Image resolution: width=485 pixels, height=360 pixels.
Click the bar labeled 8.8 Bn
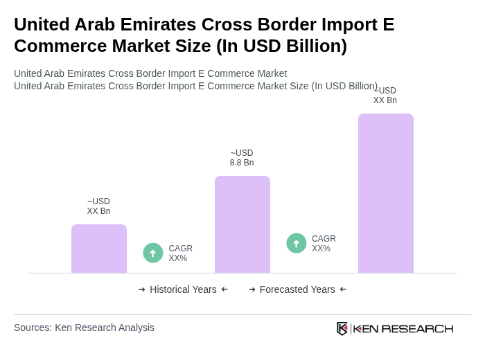pos(242,224)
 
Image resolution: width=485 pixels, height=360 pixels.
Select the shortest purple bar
pos(99,249)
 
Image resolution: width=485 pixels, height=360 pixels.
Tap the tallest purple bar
pos(386,193)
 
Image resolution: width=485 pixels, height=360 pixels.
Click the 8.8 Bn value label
pos(242,158)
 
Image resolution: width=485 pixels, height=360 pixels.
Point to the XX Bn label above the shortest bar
pos(98,206)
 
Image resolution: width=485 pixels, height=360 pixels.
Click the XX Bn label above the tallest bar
pos(385,96)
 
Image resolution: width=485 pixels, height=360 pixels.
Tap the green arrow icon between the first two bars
pos(153,253)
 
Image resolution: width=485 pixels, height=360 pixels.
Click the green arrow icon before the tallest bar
pos(297,243)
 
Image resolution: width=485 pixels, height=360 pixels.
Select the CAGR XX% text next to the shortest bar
pos(181,253)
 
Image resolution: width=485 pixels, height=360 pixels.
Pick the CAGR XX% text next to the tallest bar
pos(324,244)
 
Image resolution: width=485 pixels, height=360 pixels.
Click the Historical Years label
pos(183,289)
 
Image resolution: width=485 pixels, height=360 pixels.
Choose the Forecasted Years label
pos(297,289)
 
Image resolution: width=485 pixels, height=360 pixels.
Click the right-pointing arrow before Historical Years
pos(142,289)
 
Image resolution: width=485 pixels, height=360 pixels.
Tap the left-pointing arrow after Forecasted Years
pos(343,289)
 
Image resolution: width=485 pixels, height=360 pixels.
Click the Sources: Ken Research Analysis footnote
pos(84,327)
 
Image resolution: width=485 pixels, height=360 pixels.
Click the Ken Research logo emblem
pos(342,328)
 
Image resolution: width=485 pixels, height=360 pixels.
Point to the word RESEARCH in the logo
pos(417,329)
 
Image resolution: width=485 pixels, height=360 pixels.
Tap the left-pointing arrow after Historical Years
pos(224,289)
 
